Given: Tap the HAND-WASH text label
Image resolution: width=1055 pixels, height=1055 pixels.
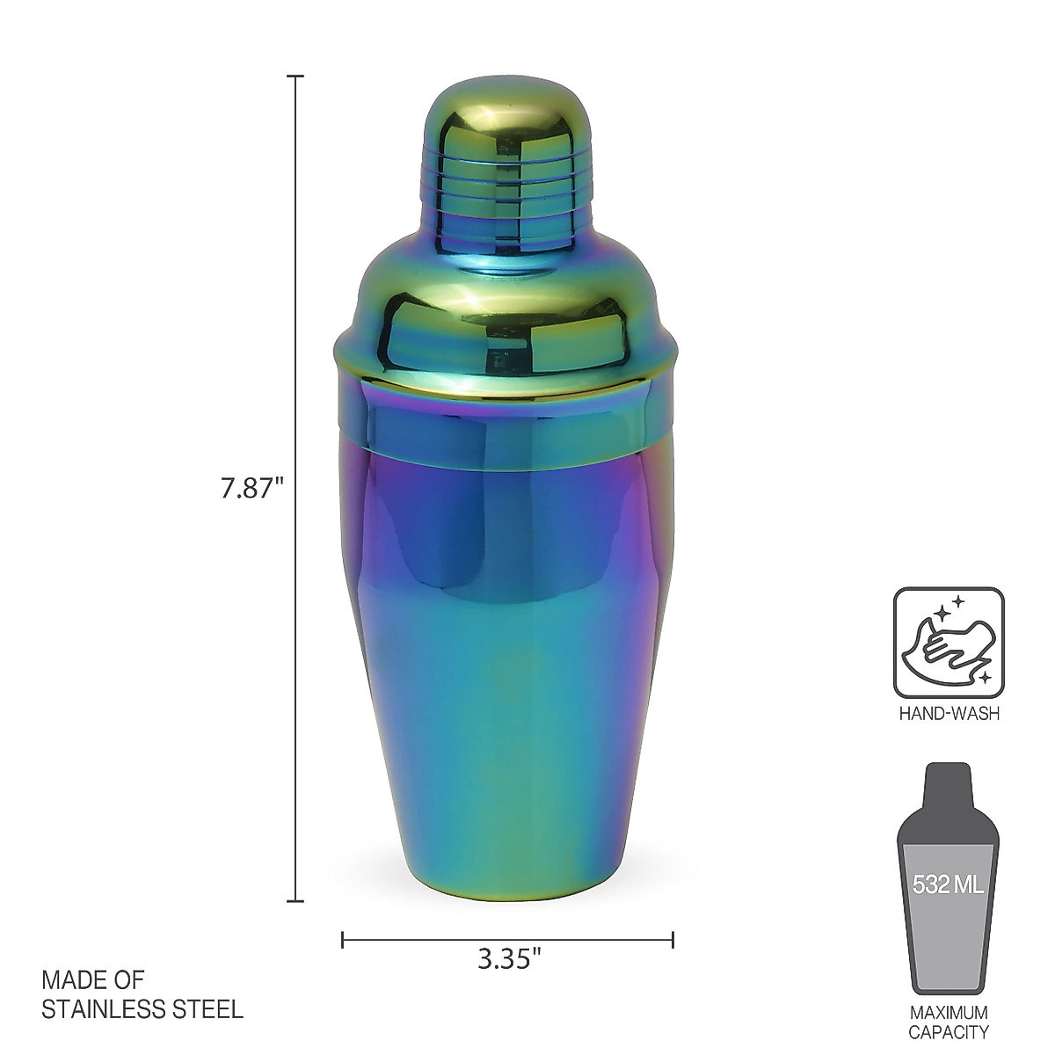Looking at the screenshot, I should tap(949, 714).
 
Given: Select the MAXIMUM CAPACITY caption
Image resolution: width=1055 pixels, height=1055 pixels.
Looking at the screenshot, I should tap(949, 1022).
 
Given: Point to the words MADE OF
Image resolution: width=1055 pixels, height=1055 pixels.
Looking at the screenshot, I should tap(93, 980).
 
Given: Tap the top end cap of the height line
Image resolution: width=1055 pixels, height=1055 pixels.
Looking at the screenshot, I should tap(296, 76).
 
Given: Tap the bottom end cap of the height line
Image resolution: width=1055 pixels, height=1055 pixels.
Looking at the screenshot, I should tap(296, 901).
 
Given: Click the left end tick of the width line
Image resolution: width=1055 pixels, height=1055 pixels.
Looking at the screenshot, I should tap(343, 940).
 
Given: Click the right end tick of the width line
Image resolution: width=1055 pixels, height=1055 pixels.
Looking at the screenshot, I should tap(673, 940).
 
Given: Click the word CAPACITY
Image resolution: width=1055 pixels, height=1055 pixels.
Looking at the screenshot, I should tap(949, 1032).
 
